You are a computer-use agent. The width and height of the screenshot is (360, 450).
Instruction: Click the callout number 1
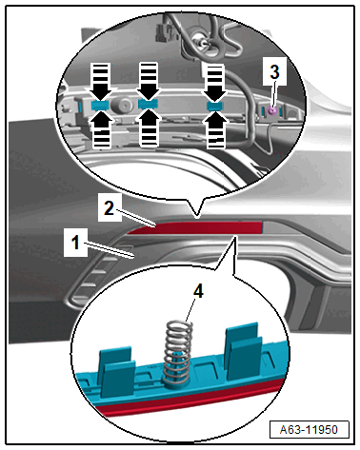pos(75,243)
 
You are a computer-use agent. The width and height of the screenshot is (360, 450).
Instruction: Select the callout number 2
pos(109,208)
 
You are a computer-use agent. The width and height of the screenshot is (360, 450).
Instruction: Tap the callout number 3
pos(274,71)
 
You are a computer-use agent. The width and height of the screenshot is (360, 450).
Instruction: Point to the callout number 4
pos(198,291)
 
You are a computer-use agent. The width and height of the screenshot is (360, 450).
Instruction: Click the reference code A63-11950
pos(309,430)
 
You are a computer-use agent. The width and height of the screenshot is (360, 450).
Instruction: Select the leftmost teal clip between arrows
pos(100,106)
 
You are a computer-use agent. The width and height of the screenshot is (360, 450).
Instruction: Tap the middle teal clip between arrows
pos(148,104)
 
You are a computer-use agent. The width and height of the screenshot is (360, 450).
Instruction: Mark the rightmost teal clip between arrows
pos(215,106)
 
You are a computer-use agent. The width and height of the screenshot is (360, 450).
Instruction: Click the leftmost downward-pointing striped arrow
pos(100,81)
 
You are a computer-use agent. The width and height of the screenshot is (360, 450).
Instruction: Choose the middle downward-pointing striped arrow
pos(149,80)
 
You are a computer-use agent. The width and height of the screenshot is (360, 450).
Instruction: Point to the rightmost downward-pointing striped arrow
pos(215,82)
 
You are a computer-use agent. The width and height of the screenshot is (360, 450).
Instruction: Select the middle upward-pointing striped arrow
pos(149,127)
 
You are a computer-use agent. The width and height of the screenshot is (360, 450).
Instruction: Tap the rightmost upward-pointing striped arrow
pos(216,129)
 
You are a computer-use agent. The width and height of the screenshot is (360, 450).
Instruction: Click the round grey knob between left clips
pos(125,104)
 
